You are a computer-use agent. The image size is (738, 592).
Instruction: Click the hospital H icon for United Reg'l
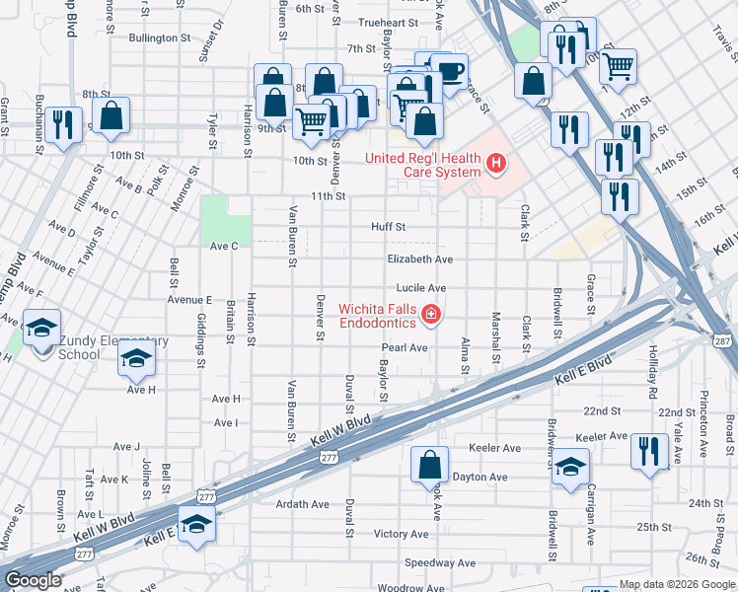tap(496, 164)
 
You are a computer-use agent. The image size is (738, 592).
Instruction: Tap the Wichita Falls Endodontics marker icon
tap(430, 315)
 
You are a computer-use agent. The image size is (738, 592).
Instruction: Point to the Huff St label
tap(388, 226)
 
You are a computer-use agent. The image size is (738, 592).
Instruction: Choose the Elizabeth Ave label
tap(418, 259)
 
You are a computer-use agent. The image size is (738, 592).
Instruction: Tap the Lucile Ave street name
tap(421, 288)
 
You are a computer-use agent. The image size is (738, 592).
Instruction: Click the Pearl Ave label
tap(405, 347)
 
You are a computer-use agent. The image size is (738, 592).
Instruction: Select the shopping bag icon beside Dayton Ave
tap(429, 465)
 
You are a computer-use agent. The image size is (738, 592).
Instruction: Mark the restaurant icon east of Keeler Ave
tap(649, 452)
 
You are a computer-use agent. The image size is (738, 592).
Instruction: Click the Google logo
tap(34, 580)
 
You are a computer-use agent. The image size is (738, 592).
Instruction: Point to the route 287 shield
tap(723, 340)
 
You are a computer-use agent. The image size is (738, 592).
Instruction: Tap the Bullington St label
tap(159, 38)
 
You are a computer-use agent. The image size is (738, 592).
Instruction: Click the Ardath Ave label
tap(302, 504)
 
